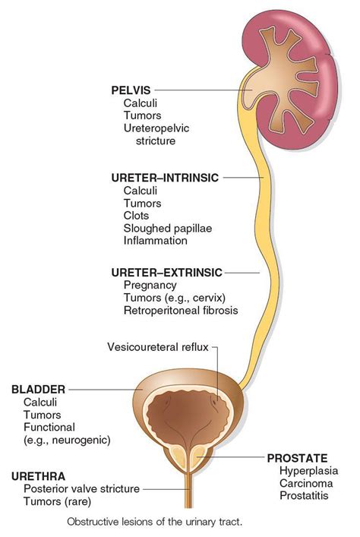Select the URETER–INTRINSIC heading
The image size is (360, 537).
[x=165, y=178]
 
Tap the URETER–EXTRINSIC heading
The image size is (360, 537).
[x=167, y=271]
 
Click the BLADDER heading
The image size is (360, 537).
[x=38, y=389]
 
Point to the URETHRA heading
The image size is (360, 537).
[x=38, y=476]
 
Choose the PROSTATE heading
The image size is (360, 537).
[x=297, y=458]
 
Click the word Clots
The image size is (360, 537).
[x=137, y=216]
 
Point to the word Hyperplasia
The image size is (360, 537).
[x=305, y=471]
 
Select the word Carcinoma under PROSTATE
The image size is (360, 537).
[x=304, y=484]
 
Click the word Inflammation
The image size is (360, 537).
[x=155, y=241]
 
